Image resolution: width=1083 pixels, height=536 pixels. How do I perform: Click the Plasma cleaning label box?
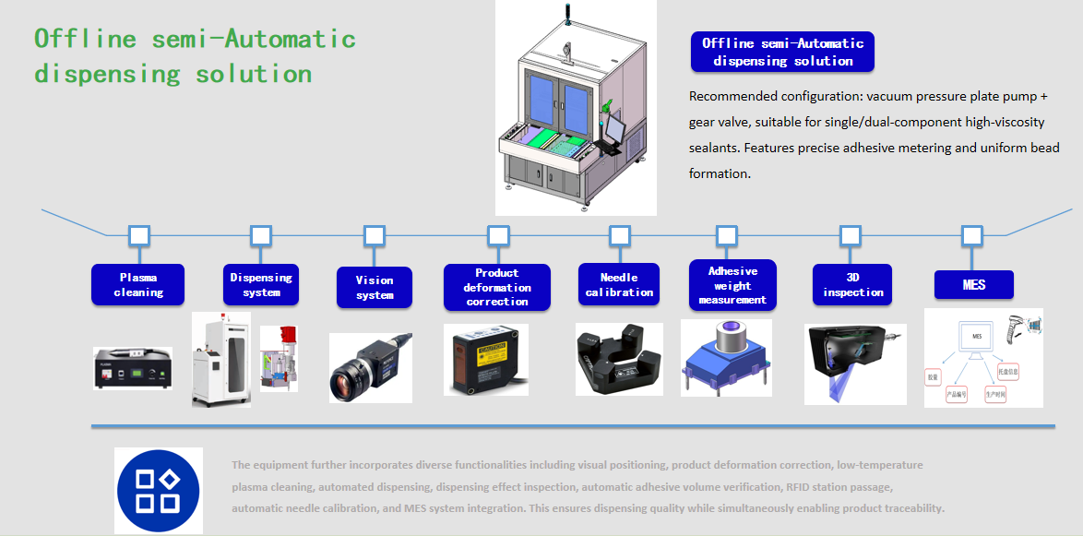pyautogui.click(x=137, y=285)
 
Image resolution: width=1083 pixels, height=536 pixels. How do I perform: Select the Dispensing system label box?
pyautogui.click(x=261, y=285)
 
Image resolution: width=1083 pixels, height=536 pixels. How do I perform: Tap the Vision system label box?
pyautogui.click(x=375, y=288)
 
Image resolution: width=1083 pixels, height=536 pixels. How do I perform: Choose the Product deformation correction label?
pyautogui.click(x=497, y=287)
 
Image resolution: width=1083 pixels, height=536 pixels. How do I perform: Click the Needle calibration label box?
pyautogui.click(x=619, y=285)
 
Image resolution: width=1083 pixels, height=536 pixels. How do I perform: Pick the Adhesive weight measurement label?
pyautogui.click(x=732, y=286)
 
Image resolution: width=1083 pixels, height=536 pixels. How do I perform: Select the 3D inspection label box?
pyautogui.click(x=852, y=285)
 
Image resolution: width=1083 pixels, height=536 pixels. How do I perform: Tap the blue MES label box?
pyautogui.click(x=973, y=285)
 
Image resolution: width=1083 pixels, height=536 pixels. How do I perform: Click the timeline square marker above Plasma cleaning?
pyautogui.click(x=139, y=235)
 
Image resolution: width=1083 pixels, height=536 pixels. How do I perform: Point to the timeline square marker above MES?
pyautogui.click(x=971, y=235)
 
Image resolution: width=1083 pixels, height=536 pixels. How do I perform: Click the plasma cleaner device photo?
pyautogui.click(x=133, y=368)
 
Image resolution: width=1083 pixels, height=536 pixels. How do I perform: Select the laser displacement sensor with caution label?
pyautogui.click(x=485, y=361)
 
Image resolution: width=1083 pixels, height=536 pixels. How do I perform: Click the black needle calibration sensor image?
pyautogui.click(x=618, y=361)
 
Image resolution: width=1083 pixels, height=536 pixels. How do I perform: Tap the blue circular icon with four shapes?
pyautogui.click(x=158, y=491)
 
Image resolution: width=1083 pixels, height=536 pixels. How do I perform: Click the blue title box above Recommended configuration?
pyautogui.click(x=782, y=52)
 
